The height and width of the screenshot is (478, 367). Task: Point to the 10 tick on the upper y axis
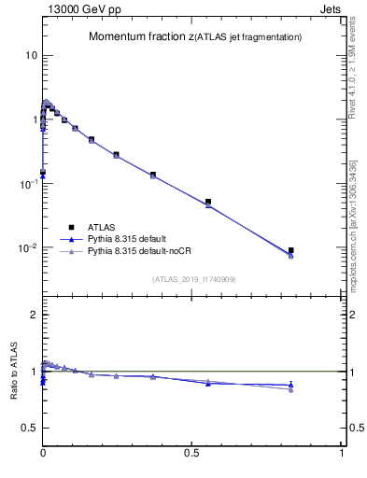click(31, 55)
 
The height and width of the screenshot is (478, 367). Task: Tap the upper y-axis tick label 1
click(34, 119)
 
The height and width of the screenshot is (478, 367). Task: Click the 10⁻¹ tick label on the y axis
click(28, 184)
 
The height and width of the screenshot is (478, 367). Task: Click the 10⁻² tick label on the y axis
click(28, 248)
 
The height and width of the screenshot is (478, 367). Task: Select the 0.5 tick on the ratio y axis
click(29, 428)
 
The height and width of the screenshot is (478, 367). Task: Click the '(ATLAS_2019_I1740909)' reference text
click(192, 279)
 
